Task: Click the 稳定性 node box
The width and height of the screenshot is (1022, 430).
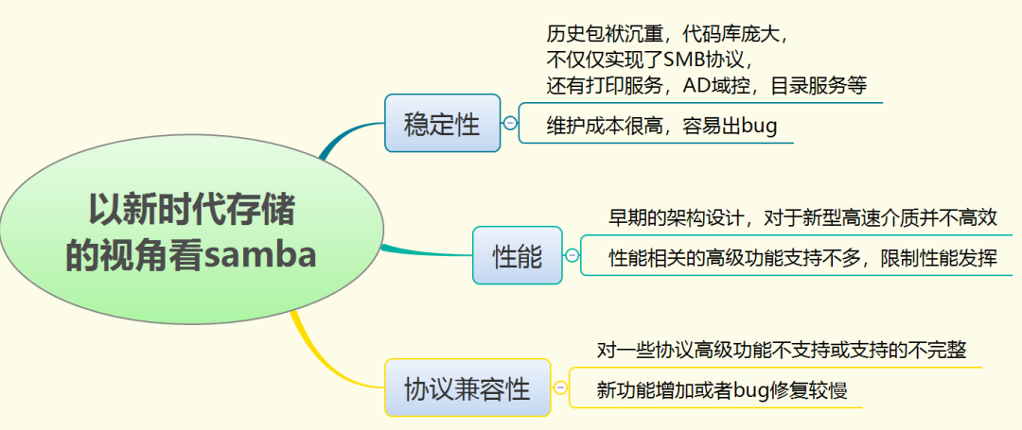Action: tap(442, 123)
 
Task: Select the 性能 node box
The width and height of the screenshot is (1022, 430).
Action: tap(517, 255)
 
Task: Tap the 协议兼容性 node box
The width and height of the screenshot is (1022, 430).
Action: tap(467, 387)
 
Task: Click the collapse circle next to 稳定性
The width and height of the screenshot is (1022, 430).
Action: tap(510, 123)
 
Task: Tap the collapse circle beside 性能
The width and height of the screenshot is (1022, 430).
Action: tap(573, 255)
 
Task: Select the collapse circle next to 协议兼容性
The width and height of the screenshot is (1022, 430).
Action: tap(560, 387)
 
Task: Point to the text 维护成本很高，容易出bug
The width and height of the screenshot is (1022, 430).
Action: tap(662, 126)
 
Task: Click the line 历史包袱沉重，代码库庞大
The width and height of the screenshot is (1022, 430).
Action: tap(667, 34)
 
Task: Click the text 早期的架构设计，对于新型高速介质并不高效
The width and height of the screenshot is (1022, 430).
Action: tap(802, 217)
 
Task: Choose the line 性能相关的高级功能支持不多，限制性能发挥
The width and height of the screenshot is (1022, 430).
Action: tap(802, 257)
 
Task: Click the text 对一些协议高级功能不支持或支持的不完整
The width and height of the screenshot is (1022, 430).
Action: tap(782, 350)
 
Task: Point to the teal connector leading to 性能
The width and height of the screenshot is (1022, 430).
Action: tap(426, 251)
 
